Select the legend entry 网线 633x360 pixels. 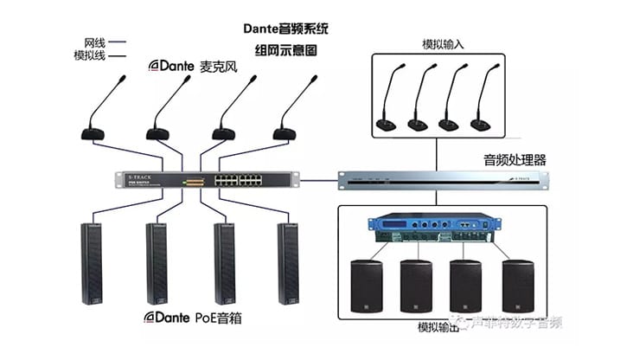[x=94, y=42]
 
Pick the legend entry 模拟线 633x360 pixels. [x=89, y=55]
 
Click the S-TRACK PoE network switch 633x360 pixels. [x=208, y=180]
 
